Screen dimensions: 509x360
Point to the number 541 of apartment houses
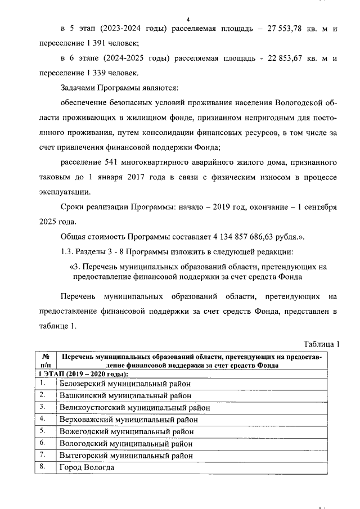[x=113, y=162]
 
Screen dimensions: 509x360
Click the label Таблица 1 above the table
[x=322, y=344]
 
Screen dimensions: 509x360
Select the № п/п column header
[x=46, y=361]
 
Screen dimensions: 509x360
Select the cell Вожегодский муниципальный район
[x=127, y=431]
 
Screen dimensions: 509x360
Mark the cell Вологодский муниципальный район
[x=127, y=444]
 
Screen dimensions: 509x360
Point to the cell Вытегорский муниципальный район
[x=127, y=456]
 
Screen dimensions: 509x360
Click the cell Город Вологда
[x=87, y=467]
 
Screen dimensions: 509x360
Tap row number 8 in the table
[x=42, y=467]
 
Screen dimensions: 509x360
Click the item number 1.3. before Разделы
[x=67, y=250]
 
